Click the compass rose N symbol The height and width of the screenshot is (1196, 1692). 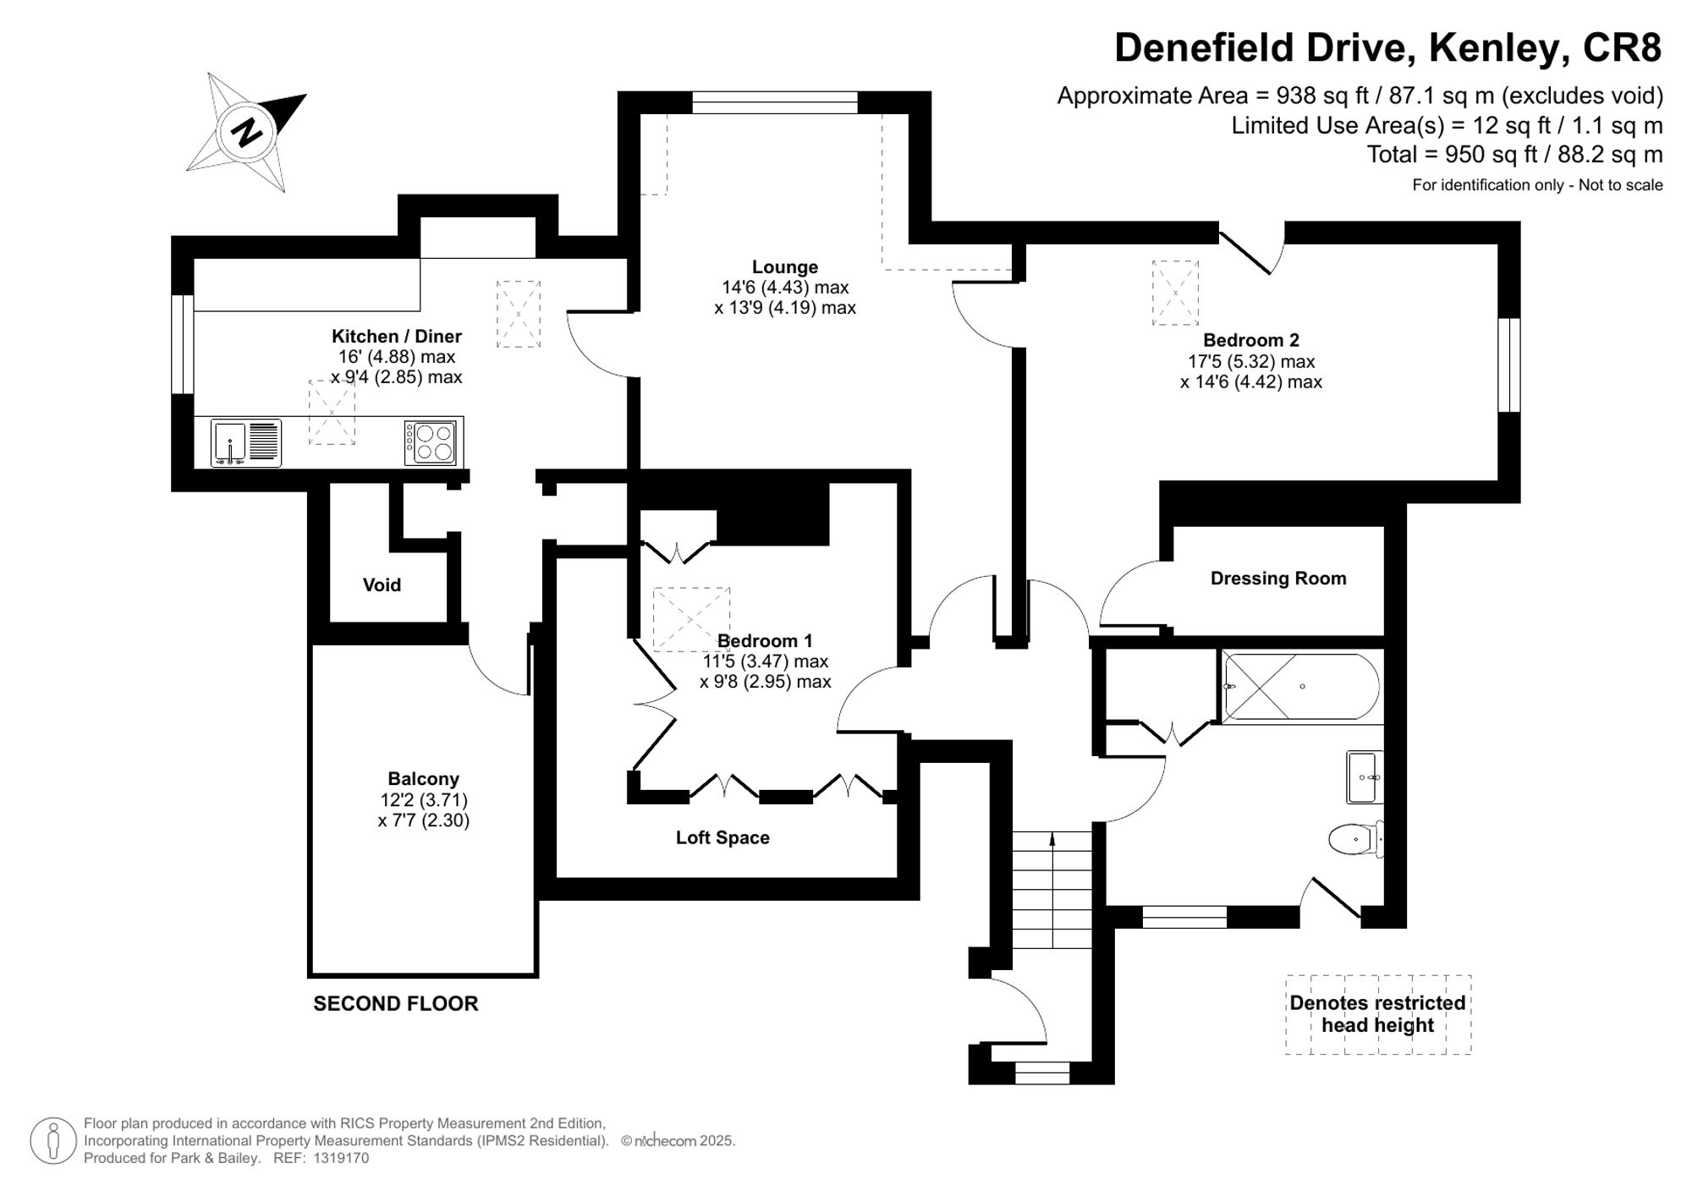246,133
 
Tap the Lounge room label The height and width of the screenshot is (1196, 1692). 785,267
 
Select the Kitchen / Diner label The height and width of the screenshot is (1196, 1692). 396,336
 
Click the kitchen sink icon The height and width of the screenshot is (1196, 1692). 229,442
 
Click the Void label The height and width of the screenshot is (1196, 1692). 382,585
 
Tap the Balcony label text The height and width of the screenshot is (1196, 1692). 423,779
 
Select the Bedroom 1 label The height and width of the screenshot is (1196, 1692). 765,641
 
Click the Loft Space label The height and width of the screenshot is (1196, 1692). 722,838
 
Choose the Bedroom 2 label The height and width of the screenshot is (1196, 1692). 1250,341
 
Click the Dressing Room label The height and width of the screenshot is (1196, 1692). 1277,579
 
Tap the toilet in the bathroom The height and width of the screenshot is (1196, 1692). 1354,840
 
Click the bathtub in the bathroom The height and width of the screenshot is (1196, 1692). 1301,687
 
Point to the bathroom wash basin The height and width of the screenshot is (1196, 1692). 1364,776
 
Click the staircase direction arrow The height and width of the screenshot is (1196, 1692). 1052,839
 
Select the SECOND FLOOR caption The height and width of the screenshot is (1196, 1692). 395,1004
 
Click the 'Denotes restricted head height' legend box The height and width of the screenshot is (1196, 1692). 1377,1014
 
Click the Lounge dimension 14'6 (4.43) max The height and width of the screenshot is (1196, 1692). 785,288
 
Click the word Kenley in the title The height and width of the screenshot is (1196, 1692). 1495,48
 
